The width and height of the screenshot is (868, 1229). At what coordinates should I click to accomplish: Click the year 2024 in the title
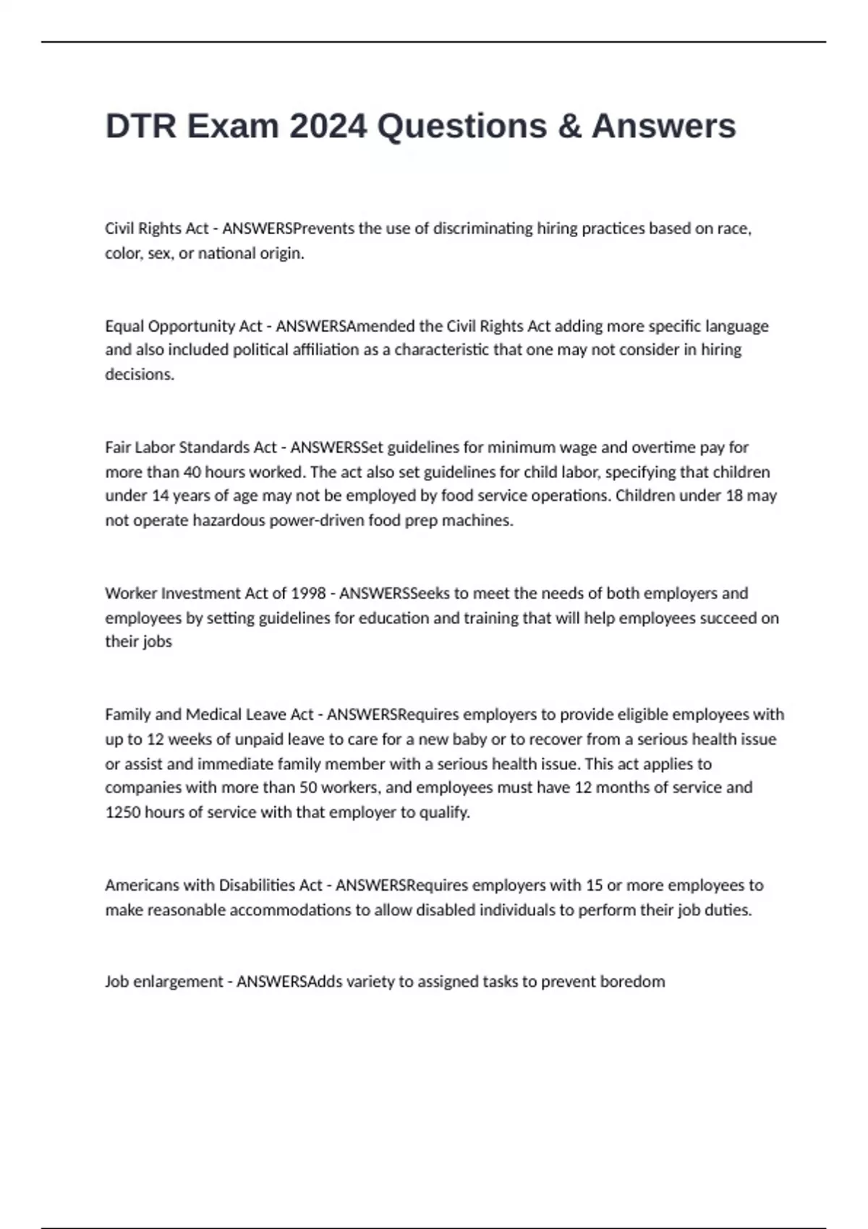328,127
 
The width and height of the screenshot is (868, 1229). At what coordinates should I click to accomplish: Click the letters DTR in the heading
141,127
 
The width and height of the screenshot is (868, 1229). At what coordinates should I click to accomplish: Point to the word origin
280,253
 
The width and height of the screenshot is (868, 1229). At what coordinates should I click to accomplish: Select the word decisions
140,374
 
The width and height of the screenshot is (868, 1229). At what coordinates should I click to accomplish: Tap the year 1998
308,594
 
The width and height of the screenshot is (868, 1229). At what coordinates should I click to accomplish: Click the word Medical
214,715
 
